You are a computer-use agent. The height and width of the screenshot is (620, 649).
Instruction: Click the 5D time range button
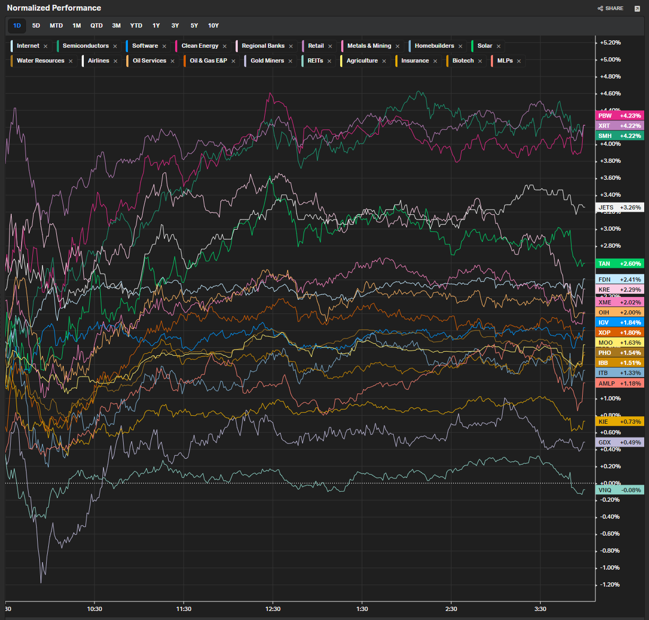(x=36, y=25)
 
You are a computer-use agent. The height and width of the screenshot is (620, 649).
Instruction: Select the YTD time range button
(x=136, y=25)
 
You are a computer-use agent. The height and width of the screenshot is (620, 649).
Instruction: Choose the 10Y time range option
(x=213, y=25)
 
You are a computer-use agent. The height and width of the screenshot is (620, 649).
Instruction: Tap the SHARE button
(x=611, y=8)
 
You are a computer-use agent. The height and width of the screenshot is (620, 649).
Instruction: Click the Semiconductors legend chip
(x=85, y=46)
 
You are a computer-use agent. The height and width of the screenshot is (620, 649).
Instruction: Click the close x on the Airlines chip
(x=115, y=61)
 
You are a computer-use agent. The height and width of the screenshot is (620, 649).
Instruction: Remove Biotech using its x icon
(x=480, y=61)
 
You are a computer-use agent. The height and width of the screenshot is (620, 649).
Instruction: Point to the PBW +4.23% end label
(x=620, y=116)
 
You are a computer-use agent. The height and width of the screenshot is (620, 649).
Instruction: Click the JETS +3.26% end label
(x=620, y=207)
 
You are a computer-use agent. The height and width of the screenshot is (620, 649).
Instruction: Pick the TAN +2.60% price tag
(x=620, y=264)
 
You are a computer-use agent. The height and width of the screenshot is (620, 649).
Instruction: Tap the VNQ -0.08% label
(x=620, y=490)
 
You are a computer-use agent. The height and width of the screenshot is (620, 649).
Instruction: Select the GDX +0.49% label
(x=620, y=442)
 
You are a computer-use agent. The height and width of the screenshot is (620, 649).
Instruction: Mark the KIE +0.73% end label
(x=620, y=421)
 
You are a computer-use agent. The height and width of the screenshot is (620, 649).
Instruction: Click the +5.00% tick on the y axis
(x=610, y=59)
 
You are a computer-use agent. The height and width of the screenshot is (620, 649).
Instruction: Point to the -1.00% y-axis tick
(x=610, y=567)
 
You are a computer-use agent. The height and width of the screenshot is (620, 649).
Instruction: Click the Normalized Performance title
(x=54, y=8)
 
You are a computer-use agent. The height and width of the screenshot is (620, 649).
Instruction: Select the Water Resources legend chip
(x=40, y=60)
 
